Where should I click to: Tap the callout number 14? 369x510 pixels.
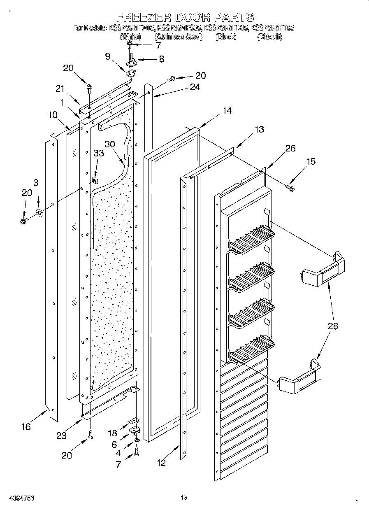pyautogui.click(x=227, y=111)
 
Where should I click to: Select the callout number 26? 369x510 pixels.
pyautogui.click(x=290, y=149)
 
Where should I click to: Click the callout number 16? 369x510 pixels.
pyautogui.click(x=26, y=427)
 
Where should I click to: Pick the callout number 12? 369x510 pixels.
pyautogui.click(x=161, y=463)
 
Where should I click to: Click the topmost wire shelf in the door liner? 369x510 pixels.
pyautogui.click(x=251, y=240)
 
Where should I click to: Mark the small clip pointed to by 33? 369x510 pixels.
pyautogui.click(x=95, y=180)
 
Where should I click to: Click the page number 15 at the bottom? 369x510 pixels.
pyautogui.click(x=184, y=498)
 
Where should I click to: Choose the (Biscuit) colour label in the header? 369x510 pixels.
pyautogui.click(x=270, y=37)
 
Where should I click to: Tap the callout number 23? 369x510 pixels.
pyautogui.click(x=61, y=436)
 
